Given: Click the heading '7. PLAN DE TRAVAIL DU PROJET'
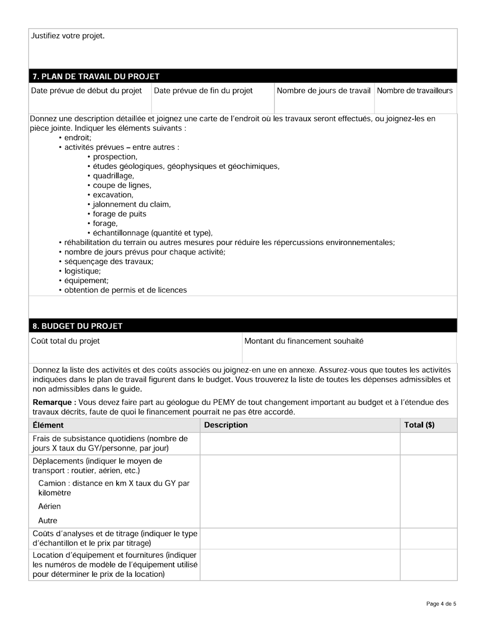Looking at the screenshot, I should pyautogui.click(x=96, y=77).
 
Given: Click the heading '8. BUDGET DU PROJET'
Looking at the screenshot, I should pyautogui.click(x=77, y=326).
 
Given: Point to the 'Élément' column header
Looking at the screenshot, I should pyautogui.click(x=48, y=425).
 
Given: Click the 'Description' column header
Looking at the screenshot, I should pyautogui.click(x=226, y=425).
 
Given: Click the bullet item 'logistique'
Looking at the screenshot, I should pyautogui.click(x=82, y=271).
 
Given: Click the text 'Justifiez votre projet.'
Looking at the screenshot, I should pyautogui.click(x=68, y=36).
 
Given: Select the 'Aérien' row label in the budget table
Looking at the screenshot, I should pyautogui.click(x=49, y=506).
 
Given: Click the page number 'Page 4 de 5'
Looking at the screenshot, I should pyautogui.click(x=441, y=604).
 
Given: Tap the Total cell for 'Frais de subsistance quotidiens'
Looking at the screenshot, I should pyautogui.click(x=428, y=443).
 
